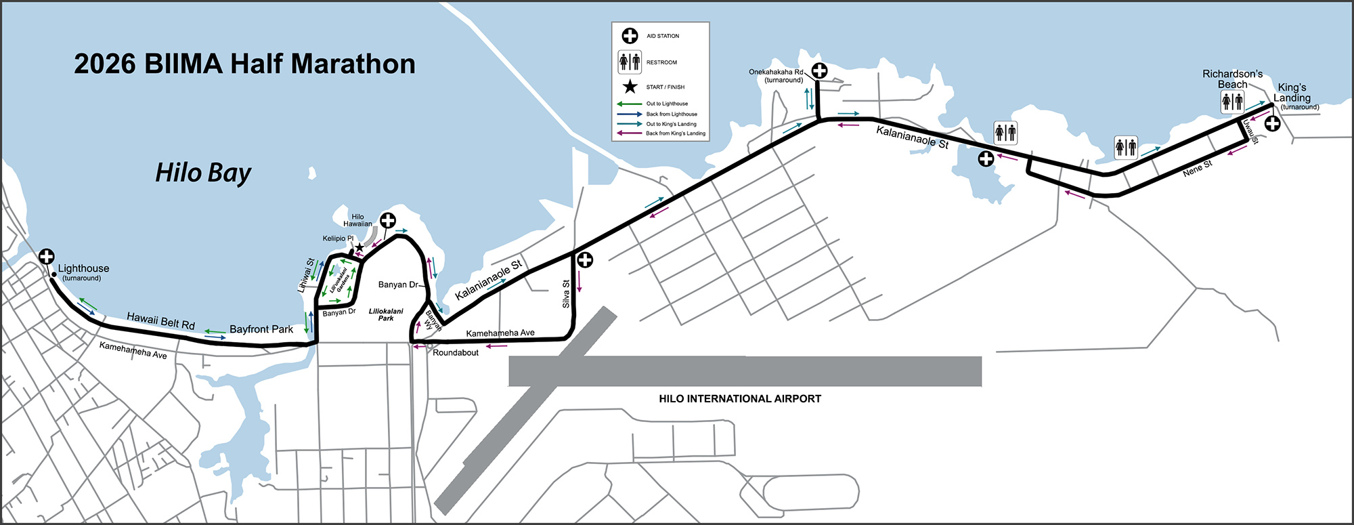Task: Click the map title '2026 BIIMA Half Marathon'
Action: pyautogui.click(x=244, y=64)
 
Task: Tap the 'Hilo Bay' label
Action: pyautogui.click(x=203, y=173)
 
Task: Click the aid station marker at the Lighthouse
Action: pyautogui.click(x=46, y=257)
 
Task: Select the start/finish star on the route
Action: pyautogui.click(x=359, y=248)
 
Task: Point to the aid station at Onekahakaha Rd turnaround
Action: pyautogui.click(x=819, y=70)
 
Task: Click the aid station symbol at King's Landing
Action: pyautogui.click(x=1272, y=123)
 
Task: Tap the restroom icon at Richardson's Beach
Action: pyautogui.click(x=1232, y=102)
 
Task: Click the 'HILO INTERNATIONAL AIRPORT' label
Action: pyautogui.click(x=740, y=399)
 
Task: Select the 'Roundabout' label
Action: pyautogui.click(x=456, y=353)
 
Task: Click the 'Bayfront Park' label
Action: pyautogui.click(x=261, y=329)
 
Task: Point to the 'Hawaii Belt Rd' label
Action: pyautogui.click(x=160, y=320)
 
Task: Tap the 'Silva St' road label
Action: pyautogui.click(x=566, y=294)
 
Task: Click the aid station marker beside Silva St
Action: pyautogui.click(x=585, y=260)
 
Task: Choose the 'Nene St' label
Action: pyautogui.click(x=1198, y=169)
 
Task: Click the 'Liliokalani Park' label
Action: pyautogui.click(x=386, y=314)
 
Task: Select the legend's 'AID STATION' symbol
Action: pyautogui.click(x=630, y=36)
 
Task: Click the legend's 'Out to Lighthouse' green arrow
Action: pyautogui.click(x=629, y=104)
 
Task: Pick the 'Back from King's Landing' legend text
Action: pyautogui.click(x=676, y=133)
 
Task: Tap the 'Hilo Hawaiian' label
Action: pyautogui.click(x=357, y=220)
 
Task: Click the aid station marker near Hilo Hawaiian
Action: pyautogui.click(x=387, y=220)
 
